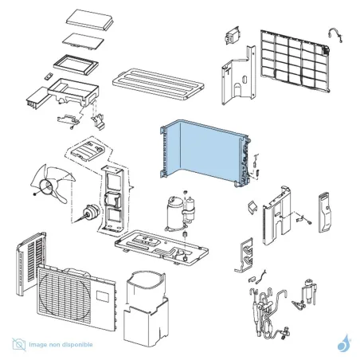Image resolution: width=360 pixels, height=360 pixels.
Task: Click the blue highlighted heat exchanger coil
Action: [x=205, y=151]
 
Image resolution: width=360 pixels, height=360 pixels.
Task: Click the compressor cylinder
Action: [x=174, y=213]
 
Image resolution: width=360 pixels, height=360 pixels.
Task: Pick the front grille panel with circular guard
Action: [x=76, y=298]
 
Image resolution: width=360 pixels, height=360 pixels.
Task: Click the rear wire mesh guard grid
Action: [x=295, y=61]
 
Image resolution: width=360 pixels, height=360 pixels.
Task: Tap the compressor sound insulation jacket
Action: [x=146, y=308]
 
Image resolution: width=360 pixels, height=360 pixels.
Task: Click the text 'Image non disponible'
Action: [x=61, y=345]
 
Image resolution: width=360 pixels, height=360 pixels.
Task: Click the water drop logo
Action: [x=344, y=343]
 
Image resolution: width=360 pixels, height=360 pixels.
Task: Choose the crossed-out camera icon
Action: [x=19, y=344]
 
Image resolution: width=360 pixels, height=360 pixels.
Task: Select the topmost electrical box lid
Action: [x=89, y=19]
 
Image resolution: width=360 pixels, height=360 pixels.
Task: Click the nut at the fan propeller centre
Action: [x=34, y=194]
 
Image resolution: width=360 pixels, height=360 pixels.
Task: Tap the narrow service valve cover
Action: [x=325, y=213]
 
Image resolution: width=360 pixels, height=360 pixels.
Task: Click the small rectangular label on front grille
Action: [x=102, y=296]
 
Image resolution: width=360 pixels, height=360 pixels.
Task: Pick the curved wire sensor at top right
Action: [x=335, y=34]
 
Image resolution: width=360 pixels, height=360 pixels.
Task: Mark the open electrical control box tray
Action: [x=73, y=92]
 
